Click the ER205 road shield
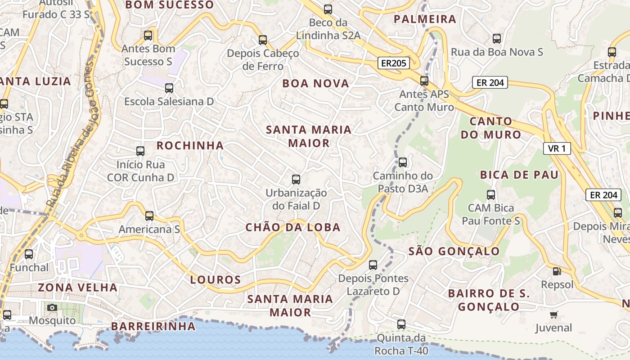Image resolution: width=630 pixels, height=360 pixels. click(393, 63)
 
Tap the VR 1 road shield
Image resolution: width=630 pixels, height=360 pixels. click(557, 148)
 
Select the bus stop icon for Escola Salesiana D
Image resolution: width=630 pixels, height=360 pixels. click(169, 88)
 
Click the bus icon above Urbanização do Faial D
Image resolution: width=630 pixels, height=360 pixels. click(296, 180)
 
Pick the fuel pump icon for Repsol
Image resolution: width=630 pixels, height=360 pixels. click(557, 271)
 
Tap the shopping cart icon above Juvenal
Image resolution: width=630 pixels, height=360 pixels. click(553, 315)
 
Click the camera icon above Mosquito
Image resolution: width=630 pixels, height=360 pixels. click(52, 307)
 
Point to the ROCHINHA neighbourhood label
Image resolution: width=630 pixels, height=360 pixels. click(190, 145)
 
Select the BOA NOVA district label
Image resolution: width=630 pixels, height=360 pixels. click(315, 83)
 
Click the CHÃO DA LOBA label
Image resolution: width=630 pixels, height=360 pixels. click(293, 227)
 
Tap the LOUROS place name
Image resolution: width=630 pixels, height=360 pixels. click(216, 280)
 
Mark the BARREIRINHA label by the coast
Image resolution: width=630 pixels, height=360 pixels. click(153, 326)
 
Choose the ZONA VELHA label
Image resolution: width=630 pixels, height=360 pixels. click(77, 287)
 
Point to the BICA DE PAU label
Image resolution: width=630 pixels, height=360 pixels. click(519, 175)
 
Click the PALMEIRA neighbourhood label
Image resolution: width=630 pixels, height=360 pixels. click(425, 19)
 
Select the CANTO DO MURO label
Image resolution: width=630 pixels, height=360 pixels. click(490, 128)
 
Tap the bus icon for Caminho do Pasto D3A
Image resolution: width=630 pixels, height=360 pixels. click(403, 162)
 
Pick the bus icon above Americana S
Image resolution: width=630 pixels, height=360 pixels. click(149, 216)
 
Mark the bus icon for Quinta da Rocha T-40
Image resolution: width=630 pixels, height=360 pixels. click(401, 324)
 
